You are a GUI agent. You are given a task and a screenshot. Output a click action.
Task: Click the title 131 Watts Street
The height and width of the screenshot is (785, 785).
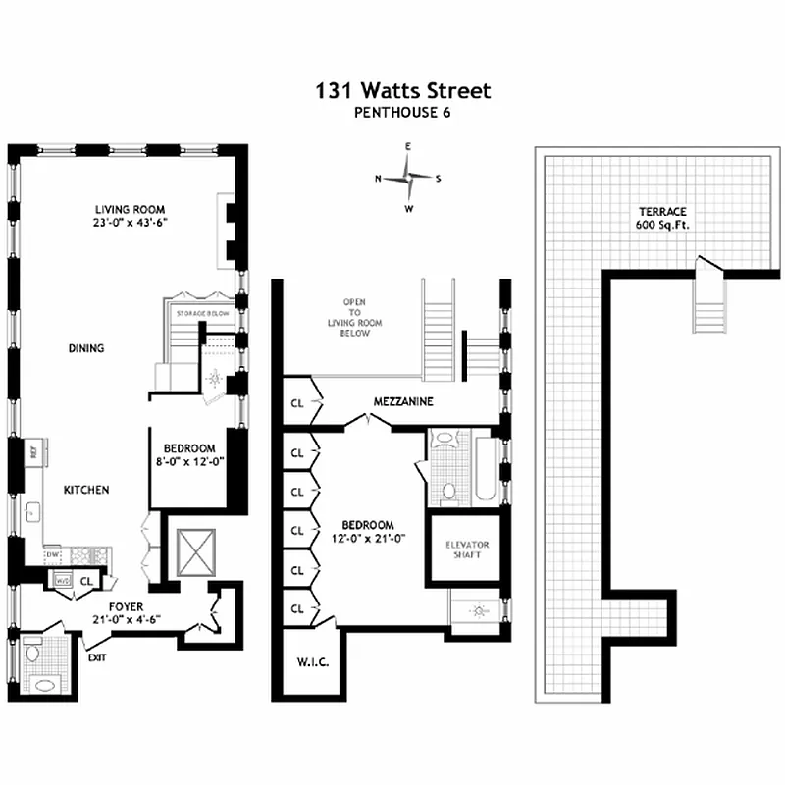tap(402, 91)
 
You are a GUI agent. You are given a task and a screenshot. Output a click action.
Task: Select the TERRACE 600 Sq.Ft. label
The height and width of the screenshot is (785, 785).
tap(662, 219)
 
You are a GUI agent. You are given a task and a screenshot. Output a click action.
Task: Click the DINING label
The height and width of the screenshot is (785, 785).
tap(86, 348)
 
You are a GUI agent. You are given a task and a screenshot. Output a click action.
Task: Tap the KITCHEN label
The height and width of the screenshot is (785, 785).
tap(86, 491)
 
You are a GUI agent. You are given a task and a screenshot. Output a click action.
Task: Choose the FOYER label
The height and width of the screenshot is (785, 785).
tap(128, 606)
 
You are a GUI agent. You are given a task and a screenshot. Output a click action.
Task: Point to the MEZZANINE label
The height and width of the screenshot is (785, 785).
tap(403, 402)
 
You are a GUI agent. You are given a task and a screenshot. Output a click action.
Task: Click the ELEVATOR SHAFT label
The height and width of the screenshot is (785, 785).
tap(467, 550)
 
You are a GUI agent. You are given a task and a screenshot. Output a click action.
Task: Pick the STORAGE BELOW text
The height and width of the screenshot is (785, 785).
tap(201, 313)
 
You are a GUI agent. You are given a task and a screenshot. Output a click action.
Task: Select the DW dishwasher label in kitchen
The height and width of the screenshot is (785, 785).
tap(52, 554)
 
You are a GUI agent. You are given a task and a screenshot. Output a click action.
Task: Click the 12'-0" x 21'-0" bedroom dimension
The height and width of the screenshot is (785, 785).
tap(368, 537)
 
